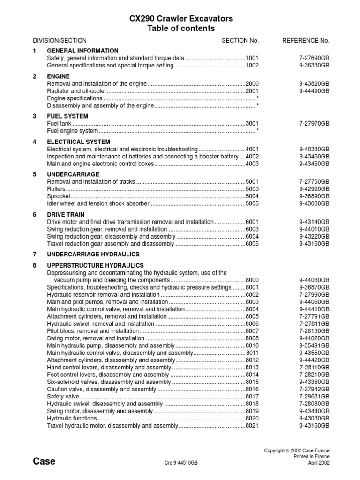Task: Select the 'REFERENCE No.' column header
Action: coord(306,41)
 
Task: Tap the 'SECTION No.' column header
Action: coord(240,41)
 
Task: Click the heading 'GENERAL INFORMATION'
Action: coord(82,51)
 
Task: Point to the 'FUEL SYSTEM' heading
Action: coord(67,116)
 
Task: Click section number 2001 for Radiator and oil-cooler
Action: coord(252,91)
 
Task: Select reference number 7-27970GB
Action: coord(314,124)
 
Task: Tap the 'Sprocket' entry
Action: coord(59,196)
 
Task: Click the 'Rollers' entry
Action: coord(57,189)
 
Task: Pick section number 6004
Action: coord(252,237)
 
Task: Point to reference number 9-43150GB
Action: coord(314,244)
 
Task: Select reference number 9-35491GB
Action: coord(314,345)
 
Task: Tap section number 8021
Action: coord(252,426)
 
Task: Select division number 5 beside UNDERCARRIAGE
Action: coord(35,174)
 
